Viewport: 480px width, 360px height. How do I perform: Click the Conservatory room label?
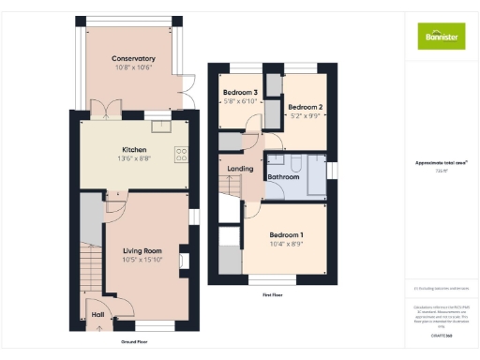pyautogui.click(x=133, y=59)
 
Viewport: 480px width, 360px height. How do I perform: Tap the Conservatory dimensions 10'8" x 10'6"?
pyautogui.click(x=133, y=67)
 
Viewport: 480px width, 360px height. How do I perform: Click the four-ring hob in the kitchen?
pyautogui.click(x=181, y=155)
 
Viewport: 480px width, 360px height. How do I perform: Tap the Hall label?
pyautogui.click(x=97, y=315)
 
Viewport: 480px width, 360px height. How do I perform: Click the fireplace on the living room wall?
pyautogui.click(x=184, y=262)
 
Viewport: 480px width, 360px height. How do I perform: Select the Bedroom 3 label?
pyautogui.click(x=240, y=92)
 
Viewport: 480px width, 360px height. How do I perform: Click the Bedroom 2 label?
pyautogui.click(x=304, y=107)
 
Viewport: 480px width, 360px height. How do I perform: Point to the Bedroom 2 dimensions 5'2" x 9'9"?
pyautogui.click(x=304, y=116)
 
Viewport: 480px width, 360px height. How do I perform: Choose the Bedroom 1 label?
pyautogui.click(x=286, y=234)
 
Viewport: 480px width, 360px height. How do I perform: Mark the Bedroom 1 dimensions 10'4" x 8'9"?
pyautogui.click(x=286, y=244)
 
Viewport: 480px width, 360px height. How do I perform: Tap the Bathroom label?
pyautogui.click(x=283, y=176)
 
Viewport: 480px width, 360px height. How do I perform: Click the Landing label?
pyautogui.click(x=241, y=169)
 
